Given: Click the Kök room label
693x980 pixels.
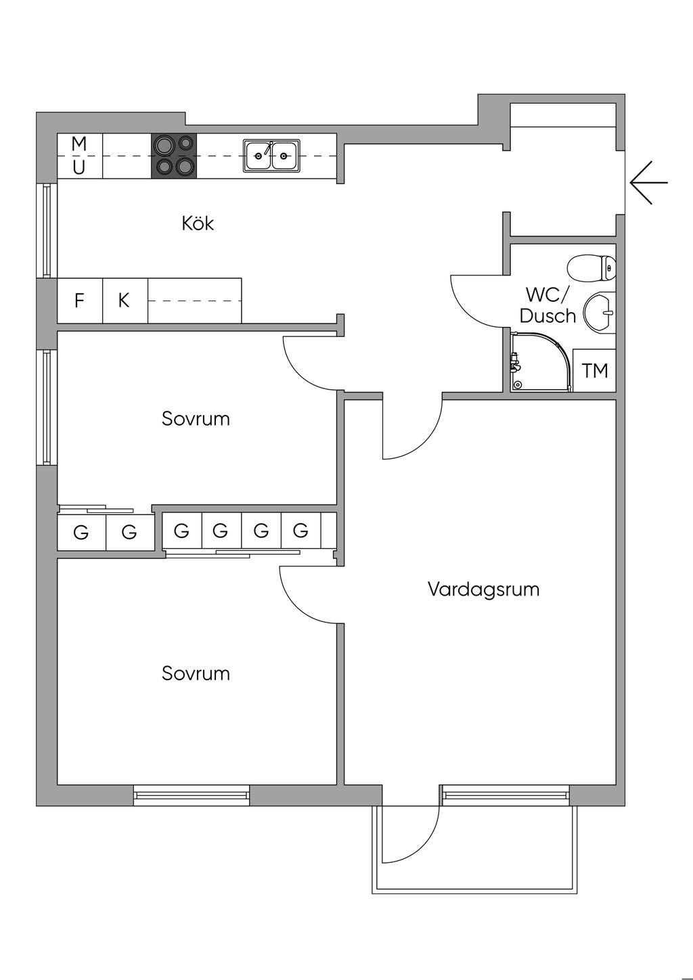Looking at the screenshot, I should tap(198, 223).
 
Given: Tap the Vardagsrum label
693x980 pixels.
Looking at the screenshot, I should tap(483, 589).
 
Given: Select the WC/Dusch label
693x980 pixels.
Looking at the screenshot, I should tap(548, 305).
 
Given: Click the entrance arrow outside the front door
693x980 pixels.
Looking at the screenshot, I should tap(648, 183).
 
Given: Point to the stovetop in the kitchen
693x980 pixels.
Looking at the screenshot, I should tap(174, 156).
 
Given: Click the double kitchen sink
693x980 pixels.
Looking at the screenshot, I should tap(271, 156).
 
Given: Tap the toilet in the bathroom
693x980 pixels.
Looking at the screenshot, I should tap(591, 268).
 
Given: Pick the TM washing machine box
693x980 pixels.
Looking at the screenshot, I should tap(595, 370).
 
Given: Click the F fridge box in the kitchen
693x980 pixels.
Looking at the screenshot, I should tap(80, 300).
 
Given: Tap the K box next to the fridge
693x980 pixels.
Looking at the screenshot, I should tap(125, 300).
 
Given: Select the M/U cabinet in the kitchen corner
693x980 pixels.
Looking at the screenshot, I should tap(80, 156).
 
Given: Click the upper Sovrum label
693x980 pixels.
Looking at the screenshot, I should tap(196, 419).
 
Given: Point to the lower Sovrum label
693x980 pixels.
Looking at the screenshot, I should tap(196, 673).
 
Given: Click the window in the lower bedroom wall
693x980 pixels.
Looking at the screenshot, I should tap(192, 795).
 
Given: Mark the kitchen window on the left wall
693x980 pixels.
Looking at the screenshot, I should tap(46, 231).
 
